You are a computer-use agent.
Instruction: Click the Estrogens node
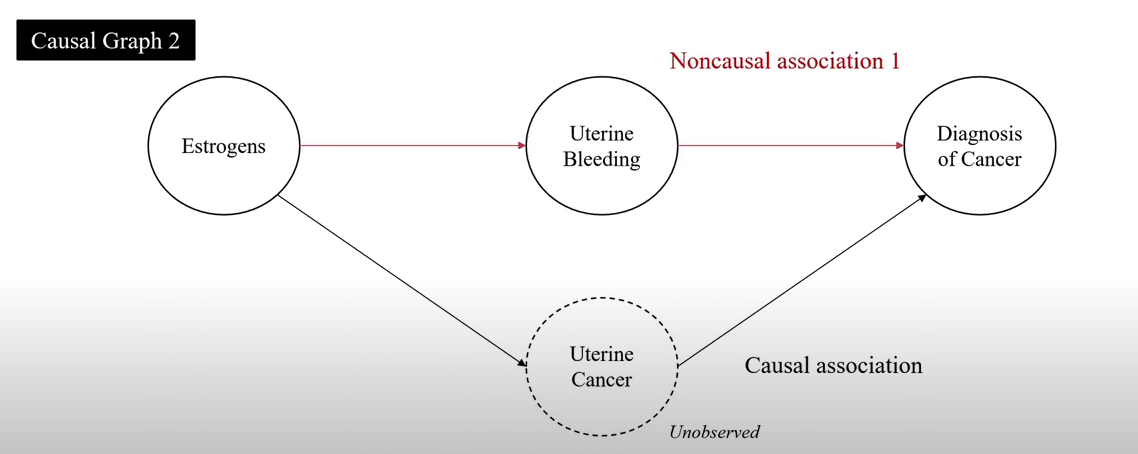[x=223, y=146]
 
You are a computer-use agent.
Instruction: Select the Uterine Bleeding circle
[x=601, y=146]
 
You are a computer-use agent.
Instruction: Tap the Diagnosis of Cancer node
[x=979, y=146]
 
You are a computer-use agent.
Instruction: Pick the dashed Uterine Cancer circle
[x=601, y=366]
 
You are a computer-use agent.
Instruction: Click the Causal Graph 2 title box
[x=105, y=41]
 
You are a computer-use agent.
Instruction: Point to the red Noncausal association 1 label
[x=785, y=61]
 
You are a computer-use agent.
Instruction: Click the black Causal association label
[x=833, y=365]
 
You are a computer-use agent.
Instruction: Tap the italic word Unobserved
[x=714, y=432]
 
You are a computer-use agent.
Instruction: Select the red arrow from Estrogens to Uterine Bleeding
[x=412, y=146]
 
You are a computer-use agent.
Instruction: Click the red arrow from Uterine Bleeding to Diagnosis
[x=790, y=146]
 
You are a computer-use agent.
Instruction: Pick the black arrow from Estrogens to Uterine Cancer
[x=400, y=280]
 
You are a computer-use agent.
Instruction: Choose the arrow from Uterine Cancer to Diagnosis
[x=800, y=281]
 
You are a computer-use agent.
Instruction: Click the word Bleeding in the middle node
[x=601, y=159]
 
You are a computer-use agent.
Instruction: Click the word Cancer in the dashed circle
[x=601, y=380]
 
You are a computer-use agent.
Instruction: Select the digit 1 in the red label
[x=894, y=61]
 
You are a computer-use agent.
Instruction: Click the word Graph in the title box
[x=128, y=41]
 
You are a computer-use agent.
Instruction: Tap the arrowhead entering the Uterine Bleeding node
[x=521, y=146]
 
